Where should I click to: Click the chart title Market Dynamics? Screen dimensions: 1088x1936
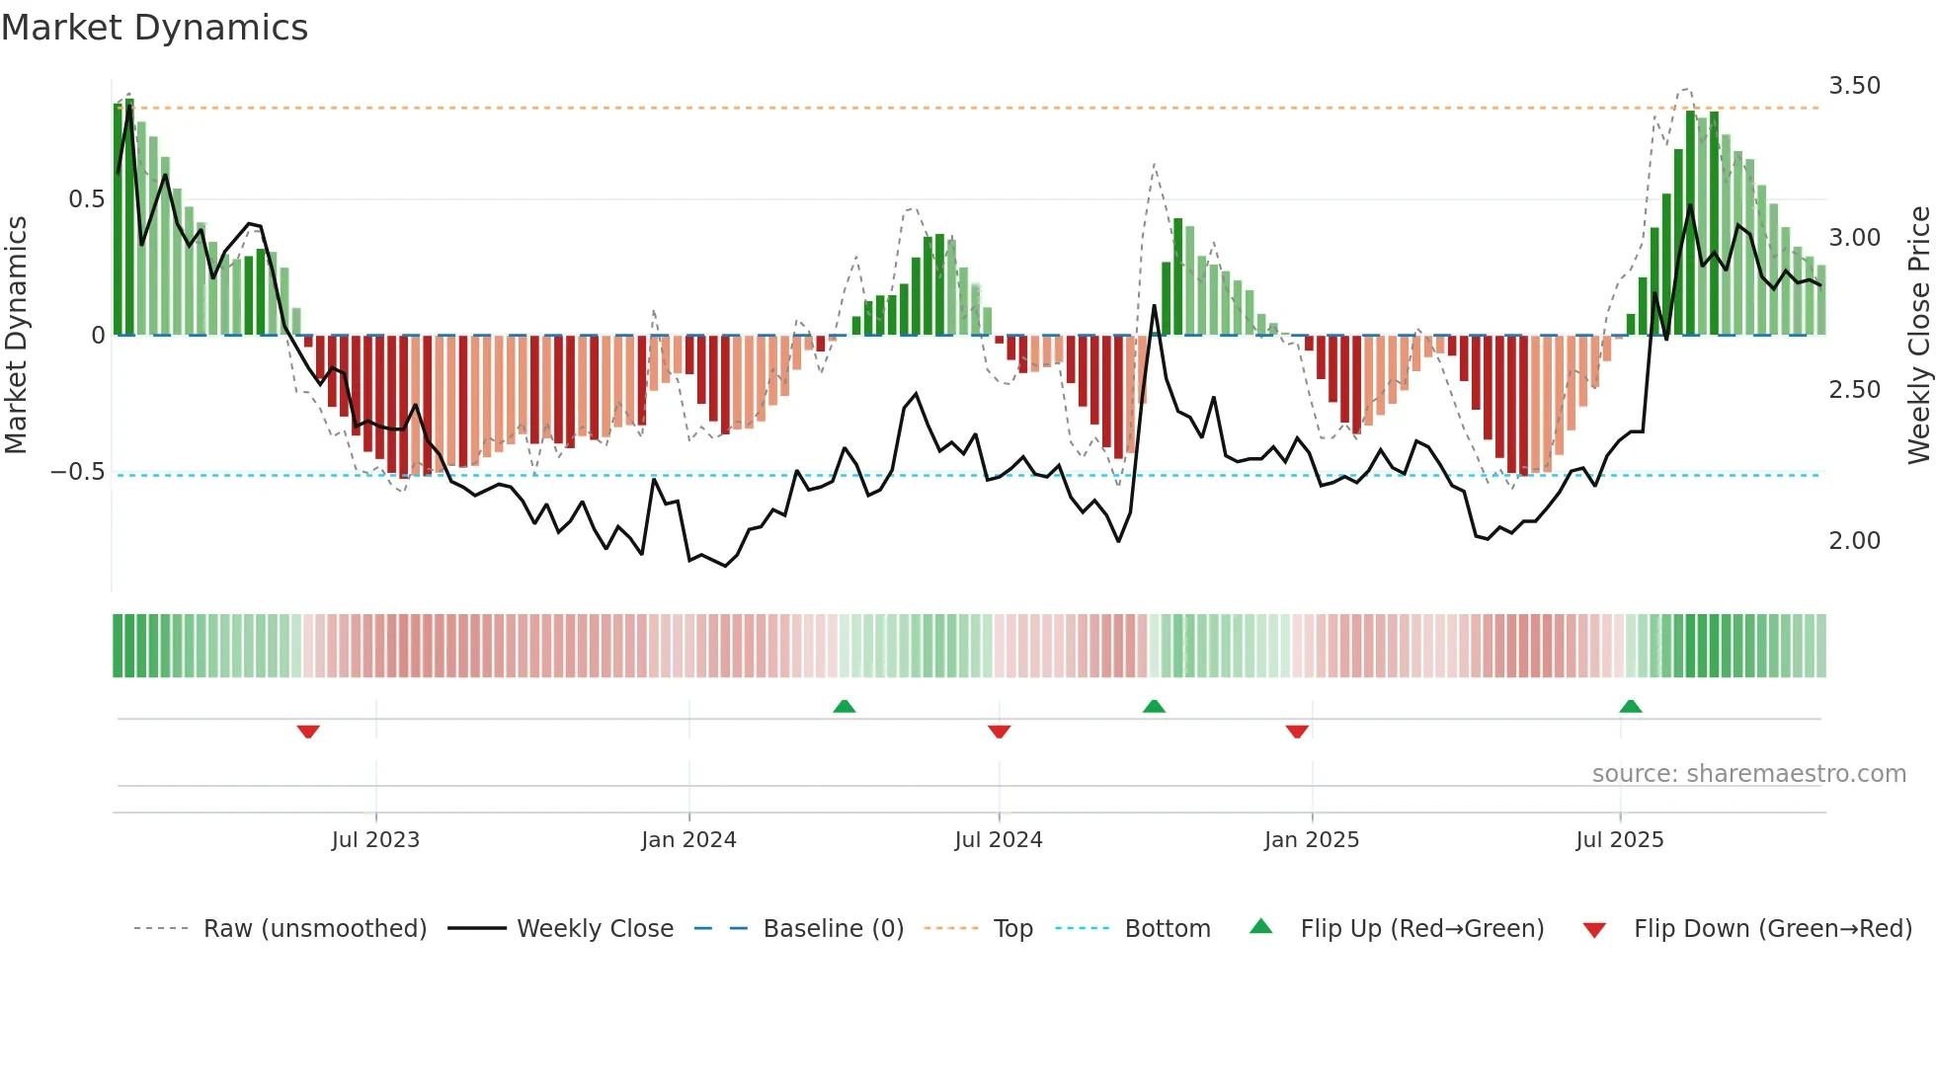(x=154, y=28)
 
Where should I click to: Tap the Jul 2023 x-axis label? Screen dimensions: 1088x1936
(x=375, y=840)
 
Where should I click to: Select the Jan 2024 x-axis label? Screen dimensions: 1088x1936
(x=688, y=840)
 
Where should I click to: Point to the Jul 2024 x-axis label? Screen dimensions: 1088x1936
(x=998, y=840)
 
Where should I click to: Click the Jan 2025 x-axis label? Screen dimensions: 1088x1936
(x=1311, y=840)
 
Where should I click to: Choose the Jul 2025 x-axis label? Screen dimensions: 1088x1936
(x=1619, y=840)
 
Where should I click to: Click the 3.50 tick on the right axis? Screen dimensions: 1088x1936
(x=1854, y=86)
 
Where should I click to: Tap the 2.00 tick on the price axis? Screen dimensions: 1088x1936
(x=1854, y=541)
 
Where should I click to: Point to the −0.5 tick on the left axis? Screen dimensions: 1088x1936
(x=78, y=472)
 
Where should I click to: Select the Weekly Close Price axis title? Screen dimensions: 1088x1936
(x=1918, y=335)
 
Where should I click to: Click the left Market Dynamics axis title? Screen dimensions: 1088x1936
(x=16, y=335)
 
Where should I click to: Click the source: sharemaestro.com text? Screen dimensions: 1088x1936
(x=1748, y=774)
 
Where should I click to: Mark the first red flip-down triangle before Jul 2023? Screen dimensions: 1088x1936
(x=308, y=732)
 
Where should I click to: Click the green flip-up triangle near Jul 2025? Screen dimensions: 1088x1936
(x=1631, y=706)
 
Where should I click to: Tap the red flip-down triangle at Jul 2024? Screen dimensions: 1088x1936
(x=999, y=732)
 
